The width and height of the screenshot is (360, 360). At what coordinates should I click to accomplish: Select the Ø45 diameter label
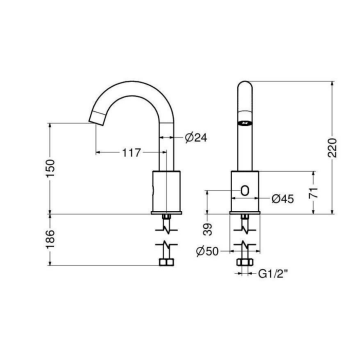coord(285,198)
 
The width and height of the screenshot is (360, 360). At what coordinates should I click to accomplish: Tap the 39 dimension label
coord(208,230)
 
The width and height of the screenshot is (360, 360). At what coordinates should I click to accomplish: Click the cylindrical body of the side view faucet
coord(164,189)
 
